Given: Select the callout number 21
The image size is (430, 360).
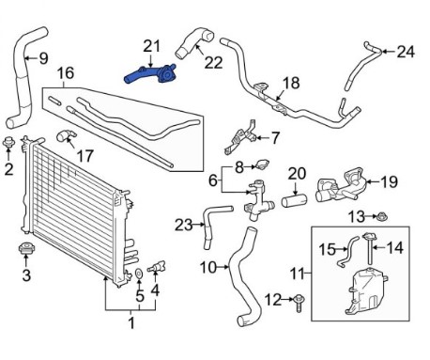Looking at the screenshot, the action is coord(152,46).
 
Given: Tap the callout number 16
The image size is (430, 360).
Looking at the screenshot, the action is coord(66,73).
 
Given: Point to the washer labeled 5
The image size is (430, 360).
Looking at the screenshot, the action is coord(139,274).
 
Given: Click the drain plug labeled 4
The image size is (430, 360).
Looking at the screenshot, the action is coord(158,267).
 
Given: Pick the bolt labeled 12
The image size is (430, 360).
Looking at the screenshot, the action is coord(299,303).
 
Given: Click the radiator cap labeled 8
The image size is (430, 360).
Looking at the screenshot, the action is coord(262,164).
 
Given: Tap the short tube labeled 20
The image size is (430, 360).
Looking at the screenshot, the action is coord(295,200).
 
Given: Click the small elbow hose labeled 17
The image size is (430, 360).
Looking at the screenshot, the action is coord(66,136).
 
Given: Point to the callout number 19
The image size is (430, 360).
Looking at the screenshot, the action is coord(389,181).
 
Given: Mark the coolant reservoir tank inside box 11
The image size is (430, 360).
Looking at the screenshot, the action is coord(364,293).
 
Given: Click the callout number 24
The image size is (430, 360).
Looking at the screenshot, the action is coord(406,52).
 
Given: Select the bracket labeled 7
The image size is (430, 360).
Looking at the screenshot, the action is coord(241,137).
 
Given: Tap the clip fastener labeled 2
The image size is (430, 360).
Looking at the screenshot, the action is coord(8,143).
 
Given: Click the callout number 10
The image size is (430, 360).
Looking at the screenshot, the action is coord(208,268).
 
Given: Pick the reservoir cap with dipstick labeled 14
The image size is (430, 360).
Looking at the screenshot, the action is coord(369,247).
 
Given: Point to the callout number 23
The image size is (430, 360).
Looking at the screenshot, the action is coord(183,225).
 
